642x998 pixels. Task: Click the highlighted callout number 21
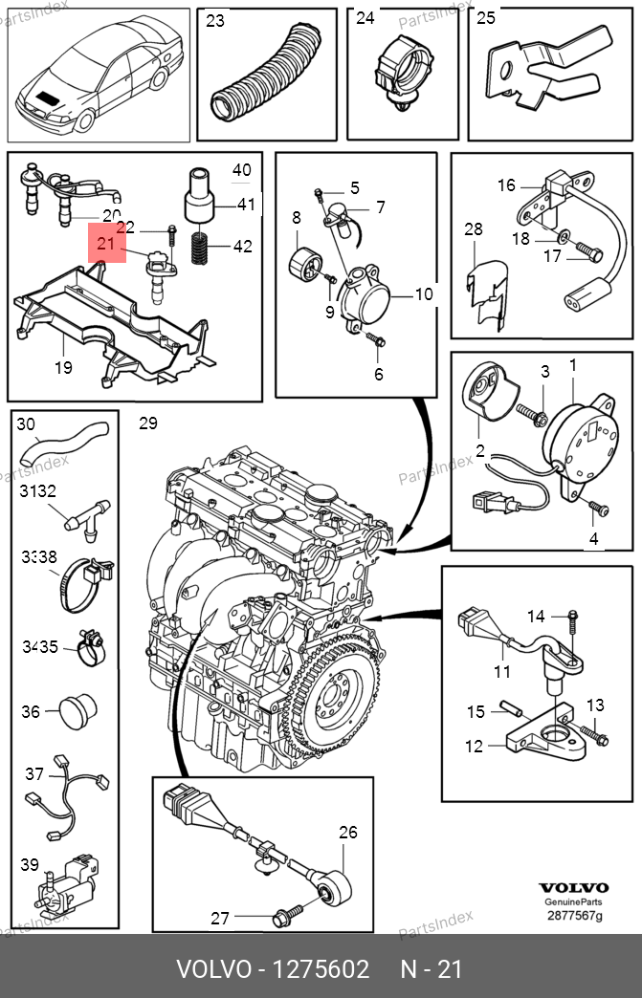click(106, 245)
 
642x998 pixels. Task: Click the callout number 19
click(62, 366)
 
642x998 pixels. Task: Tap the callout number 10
click(424, 294)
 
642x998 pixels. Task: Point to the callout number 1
click(573, 365)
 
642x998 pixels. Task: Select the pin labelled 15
click(507, 709)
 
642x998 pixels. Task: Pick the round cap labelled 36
click(78, 712)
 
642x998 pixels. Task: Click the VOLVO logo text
click(573, 887)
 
